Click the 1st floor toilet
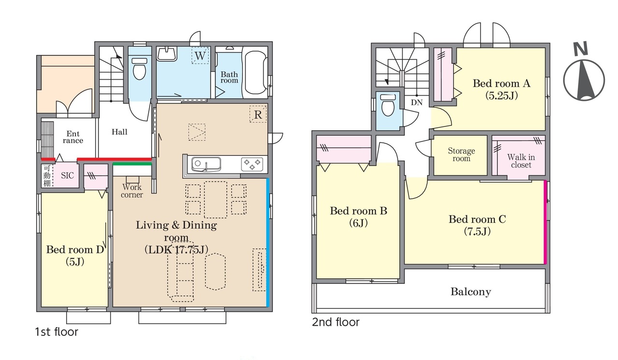pyautogui.click(x=140, y=69)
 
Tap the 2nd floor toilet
pyautogui.click(x=388, y=105)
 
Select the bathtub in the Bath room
pyautogui.click(x=256, y=72)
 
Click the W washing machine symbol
pyautogui.click(x=200, y=55)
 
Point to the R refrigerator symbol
pyautogui.click(x=258, y=114)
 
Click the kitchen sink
pyautogui.click(x=206, y=164)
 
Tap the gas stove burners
pyautogui.click(x=252, y=164)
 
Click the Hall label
pyautogui.click(x=119, y=132)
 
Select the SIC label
pyautogui.click(x=67, y=175)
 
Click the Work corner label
pyautogui.click(x=132, y=191)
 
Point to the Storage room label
pyautogui.click(x=461, y=154)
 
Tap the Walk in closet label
pyautogui.click(x=521, y=161)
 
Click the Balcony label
pyautogui.click(x=471, y=291)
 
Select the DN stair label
pyautogui.click(x=417, y=102)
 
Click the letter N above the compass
pyautogui.click(x=580, y=49)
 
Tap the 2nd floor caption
pyautogui.click(x=336, y=322)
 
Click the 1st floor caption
pyautogui.click(x=56, y=332)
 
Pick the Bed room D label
pyautogui.click(x=75, y=249)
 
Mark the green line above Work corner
pyautogui.click(x=132, y=164)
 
